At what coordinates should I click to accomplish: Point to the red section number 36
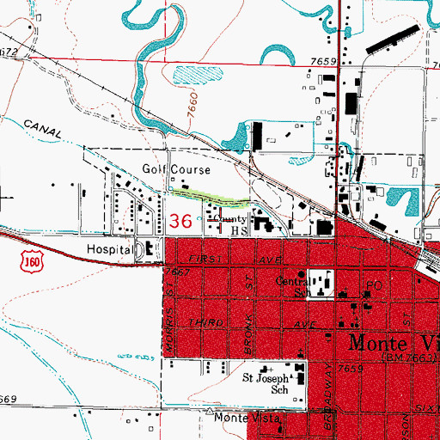pyautogui.click(x=180, y=221)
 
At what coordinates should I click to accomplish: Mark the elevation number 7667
pyautogui.click(x=176, y=272)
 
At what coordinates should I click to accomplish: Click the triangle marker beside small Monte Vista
pyautogui.click(x=210, y=411)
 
